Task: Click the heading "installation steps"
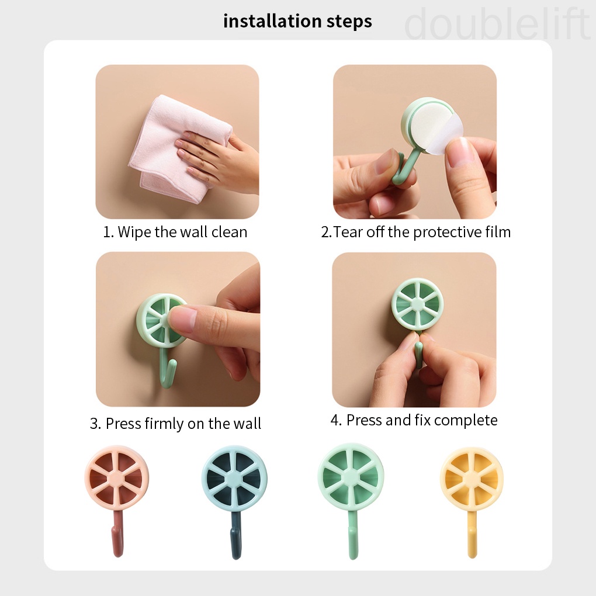click(x=297, y=22)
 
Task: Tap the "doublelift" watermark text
click(x=497, y=25)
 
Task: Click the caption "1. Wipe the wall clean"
click(x=175, y=232)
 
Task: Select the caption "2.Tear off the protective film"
click(x=415, y=232)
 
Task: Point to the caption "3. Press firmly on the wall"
click(x=175, y=424)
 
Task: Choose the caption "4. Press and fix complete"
click(x=414, y=420)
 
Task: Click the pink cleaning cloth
click(x=169, y=149)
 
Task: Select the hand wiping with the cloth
click(x=219, y=155)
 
